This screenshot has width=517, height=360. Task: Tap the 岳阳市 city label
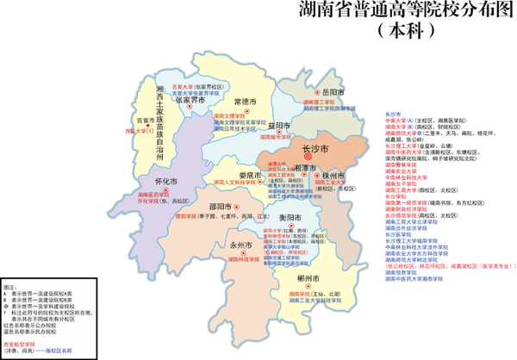(x=330, y=91)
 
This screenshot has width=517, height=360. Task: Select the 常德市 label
(x=246, y=102)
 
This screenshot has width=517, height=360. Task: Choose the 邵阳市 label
(x=221, y=207)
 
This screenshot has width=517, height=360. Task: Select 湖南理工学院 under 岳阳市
(x=318, y=102)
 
